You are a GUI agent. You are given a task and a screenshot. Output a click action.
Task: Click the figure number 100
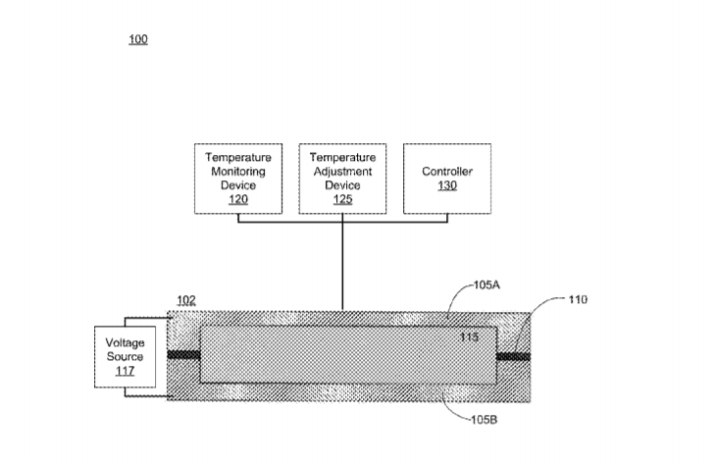pos(138,39)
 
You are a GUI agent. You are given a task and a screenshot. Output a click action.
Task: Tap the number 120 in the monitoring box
pos(238,199)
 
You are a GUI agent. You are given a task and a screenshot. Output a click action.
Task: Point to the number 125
pos(342,199)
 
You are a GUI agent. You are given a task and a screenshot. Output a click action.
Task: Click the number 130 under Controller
pos(447,185)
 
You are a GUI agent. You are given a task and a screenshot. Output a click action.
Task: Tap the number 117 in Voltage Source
pos(125,371)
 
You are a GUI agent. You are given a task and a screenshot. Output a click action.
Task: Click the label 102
pos(186,300)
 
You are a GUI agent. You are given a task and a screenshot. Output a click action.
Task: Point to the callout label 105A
pos(487,285)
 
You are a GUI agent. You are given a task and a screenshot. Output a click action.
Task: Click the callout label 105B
pos(485,420)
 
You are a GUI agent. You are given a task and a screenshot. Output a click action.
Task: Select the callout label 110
pos(578,299)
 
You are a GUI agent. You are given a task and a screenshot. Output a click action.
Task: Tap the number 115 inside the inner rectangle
pos(469,337)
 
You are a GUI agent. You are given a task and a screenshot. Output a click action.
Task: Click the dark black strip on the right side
pos(514,356)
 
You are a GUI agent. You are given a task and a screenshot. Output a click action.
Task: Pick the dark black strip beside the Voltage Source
pos(183,354)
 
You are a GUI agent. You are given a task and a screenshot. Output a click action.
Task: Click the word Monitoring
pos(238,172)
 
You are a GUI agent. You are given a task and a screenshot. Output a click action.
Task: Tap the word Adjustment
pos(342,172)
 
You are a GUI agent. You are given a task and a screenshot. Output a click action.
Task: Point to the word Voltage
pos(125,342)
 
